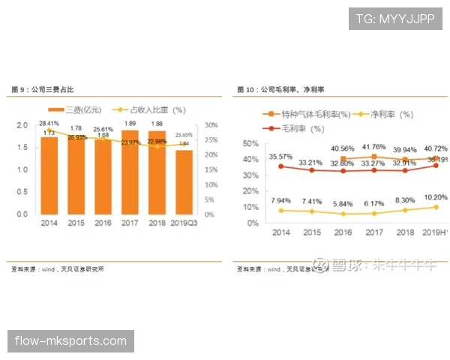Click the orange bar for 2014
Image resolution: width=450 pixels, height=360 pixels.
click(x=49, y=175)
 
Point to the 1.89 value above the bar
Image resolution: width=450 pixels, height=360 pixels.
click(x=130, y=124)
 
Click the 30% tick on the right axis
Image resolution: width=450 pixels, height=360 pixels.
click(x=211, y=125)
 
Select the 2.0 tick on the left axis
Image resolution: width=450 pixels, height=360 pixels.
click(x=22, y=125)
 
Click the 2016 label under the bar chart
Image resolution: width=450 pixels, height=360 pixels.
click(x=103, y=223)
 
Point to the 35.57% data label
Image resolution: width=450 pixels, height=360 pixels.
click(x=280, y=157)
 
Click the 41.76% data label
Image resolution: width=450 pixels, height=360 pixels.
click(x=373, y=147)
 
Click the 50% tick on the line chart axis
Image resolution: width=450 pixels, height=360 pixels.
click(x=250, y=143)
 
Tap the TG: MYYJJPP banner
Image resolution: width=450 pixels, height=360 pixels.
click(x=395, y=19)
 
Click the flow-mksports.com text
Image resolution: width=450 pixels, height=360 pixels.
click(x=71, y=341)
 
